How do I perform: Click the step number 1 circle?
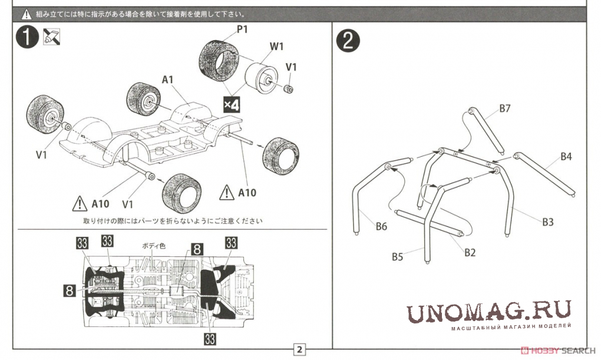pyautogui.click(x=27, y=37)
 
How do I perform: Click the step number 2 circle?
pyautogui.click(x=348, y=41)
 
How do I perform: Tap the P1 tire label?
pyautogui.click(x=242, y=29)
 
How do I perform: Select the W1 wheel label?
pyautogui.click(x=276, y=47)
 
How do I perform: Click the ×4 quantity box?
pyautogui.click(x=232, y=104)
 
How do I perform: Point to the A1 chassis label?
pyautogui.click(x=167, y=80)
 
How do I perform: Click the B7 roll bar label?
pyautogui.click(x=505, y=108)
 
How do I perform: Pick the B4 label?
pyautogui.click(x=566, y=156)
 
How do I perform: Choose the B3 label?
pyautogui.click(x=548, y=222)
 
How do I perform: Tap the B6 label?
pyautogui.click(x=381, y=226)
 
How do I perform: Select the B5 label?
pyautogui.click(x=398, y=256)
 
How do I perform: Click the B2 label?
pyautogui.click(x=470, y=252)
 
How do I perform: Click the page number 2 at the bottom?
pyautogui.click(x=299, y=349)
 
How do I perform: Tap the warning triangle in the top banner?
pyautogui.click(x=26, y=14)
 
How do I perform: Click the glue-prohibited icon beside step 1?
pyautogui.click(x=51, y=37)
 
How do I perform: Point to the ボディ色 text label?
pyautogui.click(x=153, y=246)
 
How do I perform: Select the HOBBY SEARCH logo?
pyautogui.click(x=558, y=350)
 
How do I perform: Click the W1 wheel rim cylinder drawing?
pyautogui.click(x=260, y=78)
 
